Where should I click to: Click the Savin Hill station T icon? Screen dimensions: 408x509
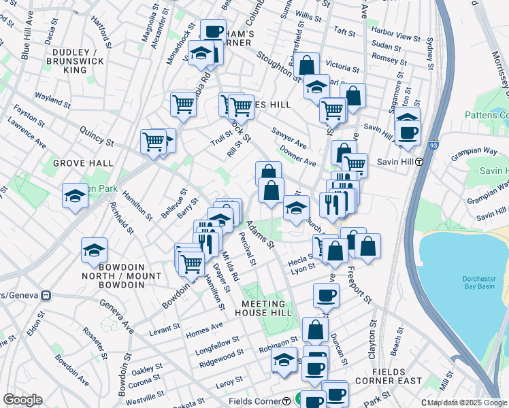(x=420, y=162)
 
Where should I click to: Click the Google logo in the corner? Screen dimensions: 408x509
(x=22, y=400)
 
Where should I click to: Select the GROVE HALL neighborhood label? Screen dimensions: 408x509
(x=77, y=164)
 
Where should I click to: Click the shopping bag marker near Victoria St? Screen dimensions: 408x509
(x=308, y=66)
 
